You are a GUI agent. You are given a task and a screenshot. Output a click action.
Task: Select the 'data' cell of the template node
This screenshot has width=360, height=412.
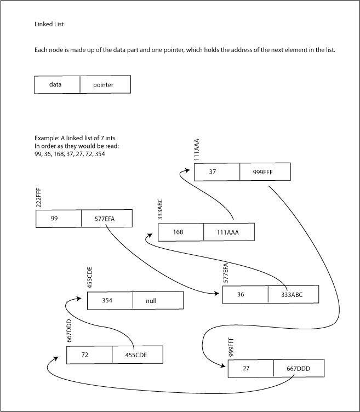[x=58, y=85]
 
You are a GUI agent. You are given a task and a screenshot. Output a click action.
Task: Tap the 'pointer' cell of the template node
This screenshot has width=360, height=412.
[x=105, y=85]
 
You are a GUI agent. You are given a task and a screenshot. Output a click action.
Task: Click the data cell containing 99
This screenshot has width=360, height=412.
[x=59, y=219]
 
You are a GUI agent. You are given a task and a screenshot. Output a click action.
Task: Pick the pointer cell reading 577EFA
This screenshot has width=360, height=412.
[x=106, y=219]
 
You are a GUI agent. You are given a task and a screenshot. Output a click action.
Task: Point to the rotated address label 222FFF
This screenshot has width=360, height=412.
[x=38, y=197]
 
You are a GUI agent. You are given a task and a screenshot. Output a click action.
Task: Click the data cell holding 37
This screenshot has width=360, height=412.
[x=217, y=172]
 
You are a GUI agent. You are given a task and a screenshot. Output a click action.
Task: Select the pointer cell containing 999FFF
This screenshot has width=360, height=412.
[x=265, y=172]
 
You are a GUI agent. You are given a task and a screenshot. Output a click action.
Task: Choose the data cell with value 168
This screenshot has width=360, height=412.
[x=181, y=232]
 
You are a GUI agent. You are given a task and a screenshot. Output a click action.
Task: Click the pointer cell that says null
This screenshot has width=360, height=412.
[x=158, y=300]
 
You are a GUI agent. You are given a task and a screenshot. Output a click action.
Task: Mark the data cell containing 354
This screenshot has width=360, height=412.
[x=110, y=300]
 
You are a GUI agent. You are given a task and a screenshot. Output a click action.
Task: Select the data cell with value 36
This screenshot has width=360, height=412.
[x=245, y=295]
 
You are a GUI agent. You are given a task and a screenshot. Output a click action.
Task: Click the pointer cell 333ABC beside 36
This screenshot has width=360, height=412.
[x=293, y=295]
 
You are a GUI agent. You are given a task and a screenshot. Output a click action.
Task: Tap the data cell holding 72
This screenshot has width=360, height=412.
[x=89, y=354]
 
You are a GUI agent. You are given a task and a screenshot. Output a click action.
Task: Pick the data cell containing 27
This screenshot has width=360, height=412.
[x=250, y=368]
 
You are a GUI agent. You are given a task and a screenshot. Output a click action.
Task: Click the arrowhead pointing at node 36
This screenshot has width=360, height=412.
[x=219, y=294]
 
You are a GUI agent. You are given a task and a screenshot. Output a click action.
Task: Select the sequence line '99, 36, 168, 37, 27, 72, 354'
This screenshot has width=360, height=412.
[x=70, y=154]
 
